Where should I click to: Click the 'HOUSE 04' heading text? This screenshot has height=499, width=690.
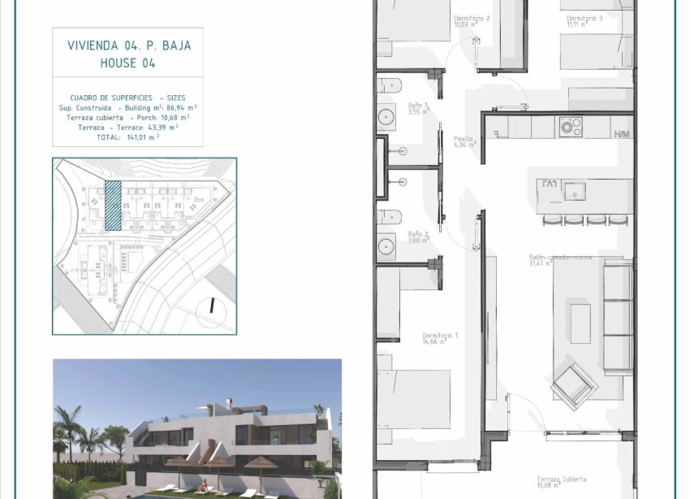point(127,63)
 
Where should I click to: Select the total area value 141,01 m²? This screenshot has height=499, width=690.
point(143,137)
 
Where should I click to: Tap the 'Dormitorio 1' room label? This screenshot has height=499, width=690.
point(440,338)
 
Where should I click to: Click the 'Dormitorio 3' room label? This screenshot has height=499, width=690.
point(584,19)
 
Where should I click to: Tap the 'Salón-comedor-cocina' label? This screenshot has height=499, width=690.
point(560,258)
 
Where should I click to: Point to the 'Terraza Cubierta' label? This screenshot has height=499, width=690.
point(562,481)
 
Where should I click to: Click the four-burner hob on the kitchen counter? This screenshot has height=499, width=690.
point(571,126)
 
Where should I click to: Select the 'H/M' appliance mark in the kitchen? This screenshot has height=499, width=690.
point(623,134)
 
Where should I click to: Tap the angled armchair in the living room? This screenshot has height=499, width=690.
point(574,384)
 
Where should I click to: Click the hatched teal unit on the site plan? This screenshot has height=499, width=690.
point(113,205)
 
